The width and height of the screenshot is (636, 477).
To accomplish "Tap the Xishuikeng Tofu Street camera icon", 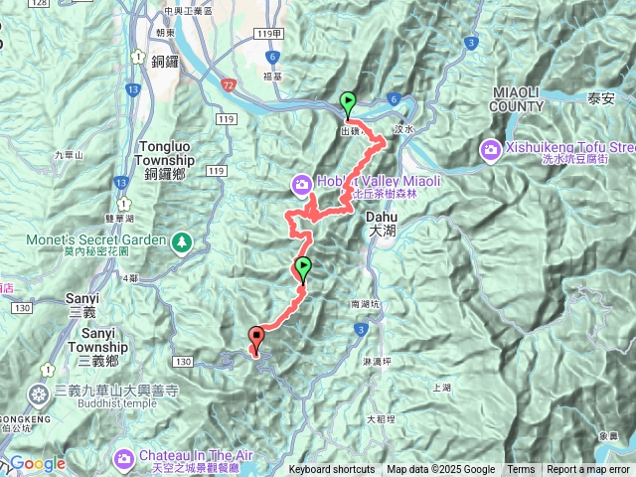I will click(x=490, y=149).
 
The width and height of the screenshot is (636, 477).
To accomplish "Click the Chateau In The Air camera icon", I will click(x=124, y=458).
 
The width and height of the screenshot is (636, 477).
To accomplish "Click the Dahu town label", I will click(x=381, y=222).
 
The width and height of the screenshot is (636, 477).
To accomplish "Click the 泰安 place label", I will click(x=601, y=97).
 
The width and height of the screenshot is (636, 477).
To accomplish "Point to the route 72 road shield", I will click(x=229, y=87).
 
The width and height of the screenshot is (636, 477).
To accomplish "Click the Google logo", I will click(x=39, y=464).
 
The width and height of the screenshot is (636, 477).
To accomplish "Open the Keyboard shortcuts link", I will click(x=332, y=470).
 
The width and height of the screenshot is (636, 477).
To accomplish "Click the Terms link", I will click(x=521, y=470).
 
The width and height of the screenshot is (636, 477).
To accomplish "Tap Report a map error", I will click(x=589, y=470).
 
